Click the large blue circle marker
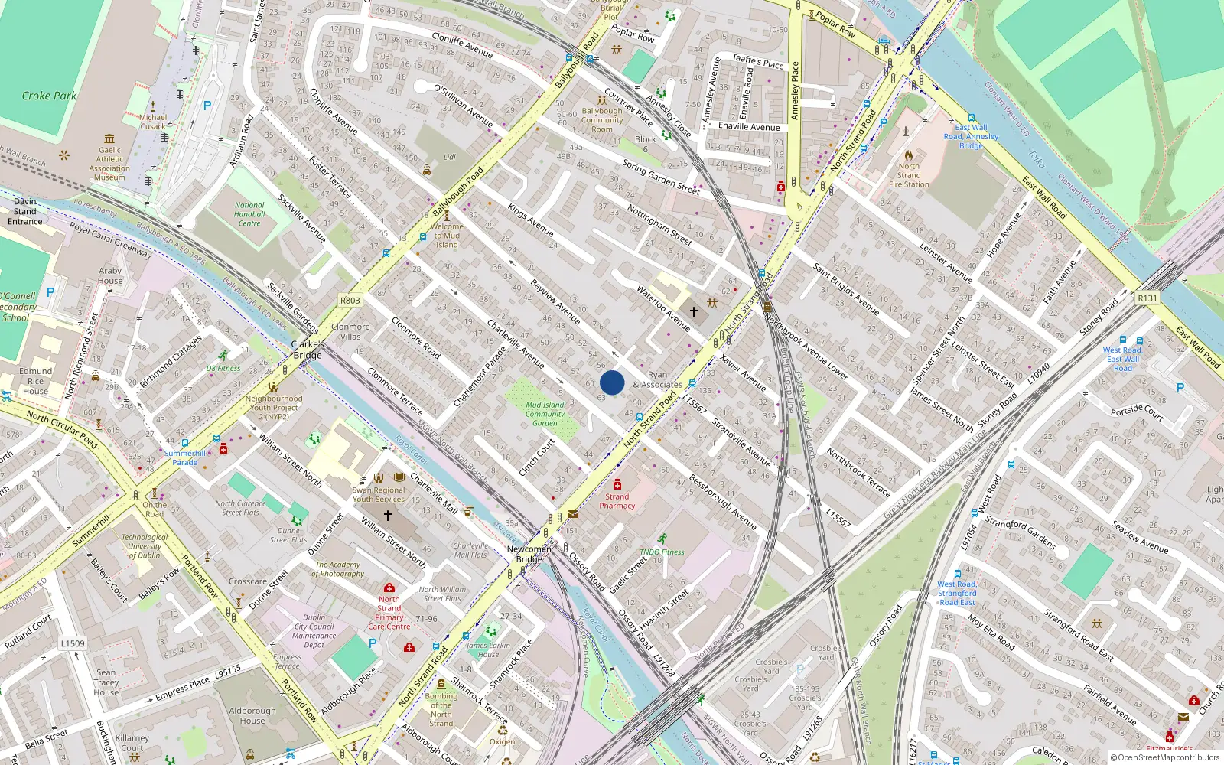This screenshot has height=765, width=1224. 612,382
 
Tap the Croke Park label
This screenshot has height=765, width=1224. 49,96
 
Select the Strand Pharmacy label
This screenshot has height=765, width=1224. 617,501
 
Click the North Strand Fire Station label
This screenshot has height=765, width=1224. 909,175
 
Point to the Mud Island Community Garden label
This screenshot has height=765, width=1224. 545,414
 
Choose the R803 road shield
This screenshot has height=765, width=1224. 350,301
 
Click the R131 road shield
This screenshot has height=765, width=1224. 1147,298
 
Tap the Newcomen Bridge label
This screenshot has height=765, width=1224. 529,554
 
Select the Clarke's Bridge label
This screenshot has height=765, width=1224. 308,350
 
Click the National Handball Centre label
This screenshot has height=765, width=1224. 249,214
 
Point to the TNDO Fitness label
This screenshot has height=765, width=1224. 662,552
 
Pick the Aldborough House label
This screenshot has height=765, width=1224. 252,715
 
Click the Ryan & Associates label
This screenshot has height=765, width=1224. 657,380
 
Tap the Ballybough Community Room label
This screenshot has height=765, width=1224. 602,120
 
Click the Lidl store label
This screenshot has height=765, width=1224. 450,157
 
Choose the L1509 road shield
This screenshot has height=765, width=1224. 73,643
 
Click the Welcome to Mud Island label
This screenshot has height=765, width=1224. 447,236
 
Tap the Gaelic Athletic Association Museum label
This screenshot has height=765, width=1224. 109,164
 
